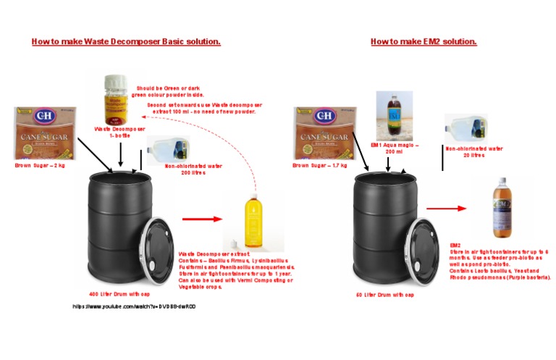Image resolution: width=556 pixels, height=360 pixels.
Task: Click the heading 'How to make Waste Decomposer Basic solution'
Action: pyautogui.click(x=126, y=42)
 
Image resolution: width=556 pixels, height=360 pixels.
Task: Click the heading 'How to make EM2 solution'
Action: pyautogui.click(x=424, y=42)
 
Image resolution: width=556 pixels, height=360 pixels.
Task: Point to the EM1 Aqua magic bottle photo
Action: pyautogui.click(x=394, y=116)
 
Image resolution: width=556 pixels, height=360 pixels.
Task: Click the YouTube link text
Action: pyautogui.click(x=134, y=307)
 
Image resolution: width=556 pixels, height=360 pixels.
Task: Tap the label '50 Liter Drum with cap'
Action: pyautogui.click(x=384, y=295)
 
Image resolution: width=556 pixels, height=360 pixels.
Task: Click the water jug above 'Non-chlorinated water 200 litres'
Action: pyautogui.click(x=167, y=150)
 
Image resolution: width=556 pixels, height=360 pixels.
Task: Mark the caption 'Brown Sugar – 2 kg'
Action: pyautogui.click(x=40, y=166)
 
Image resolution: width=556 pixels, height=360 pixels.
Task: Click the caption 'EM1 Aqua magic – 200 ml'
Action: pyautogui.click(x=394, y=148)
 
